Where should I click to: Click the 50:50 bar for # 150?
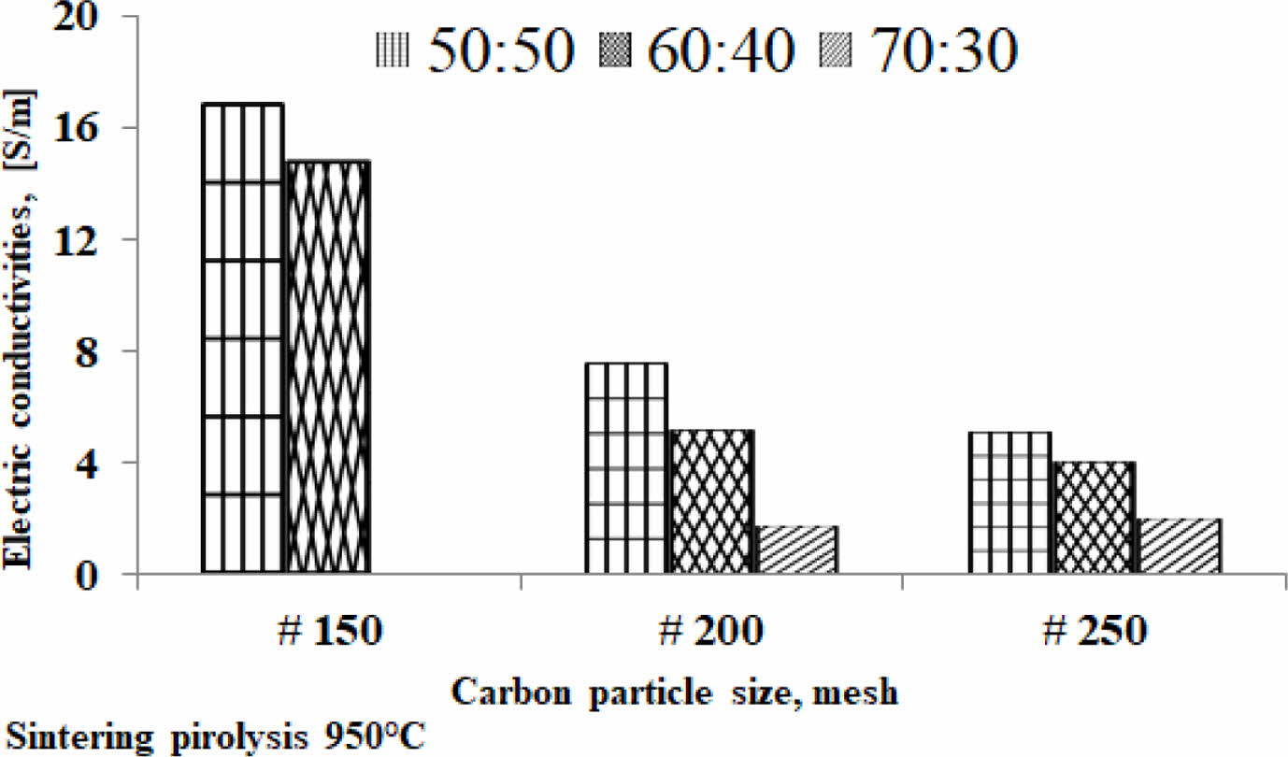tap(243, 337)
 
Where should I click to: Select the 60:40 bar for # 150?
tap(327, 366)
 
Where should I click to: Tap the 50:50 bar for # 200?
tap(626, 467)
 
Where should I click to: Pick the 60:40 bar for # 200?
tap(710, 501)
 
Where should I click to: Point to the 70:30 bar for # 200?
tap(797, 550)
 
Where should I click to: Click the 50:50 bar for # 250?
tap(1011, 502)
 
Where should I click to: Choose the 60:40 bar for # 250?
tap(1095, 517)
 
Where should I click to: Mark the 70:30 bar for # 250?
tap(1180, 546)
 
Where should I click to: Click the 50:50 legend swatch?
tap(394, 49)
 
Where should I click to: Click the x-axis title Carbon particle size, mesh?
tap(676, 693)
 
